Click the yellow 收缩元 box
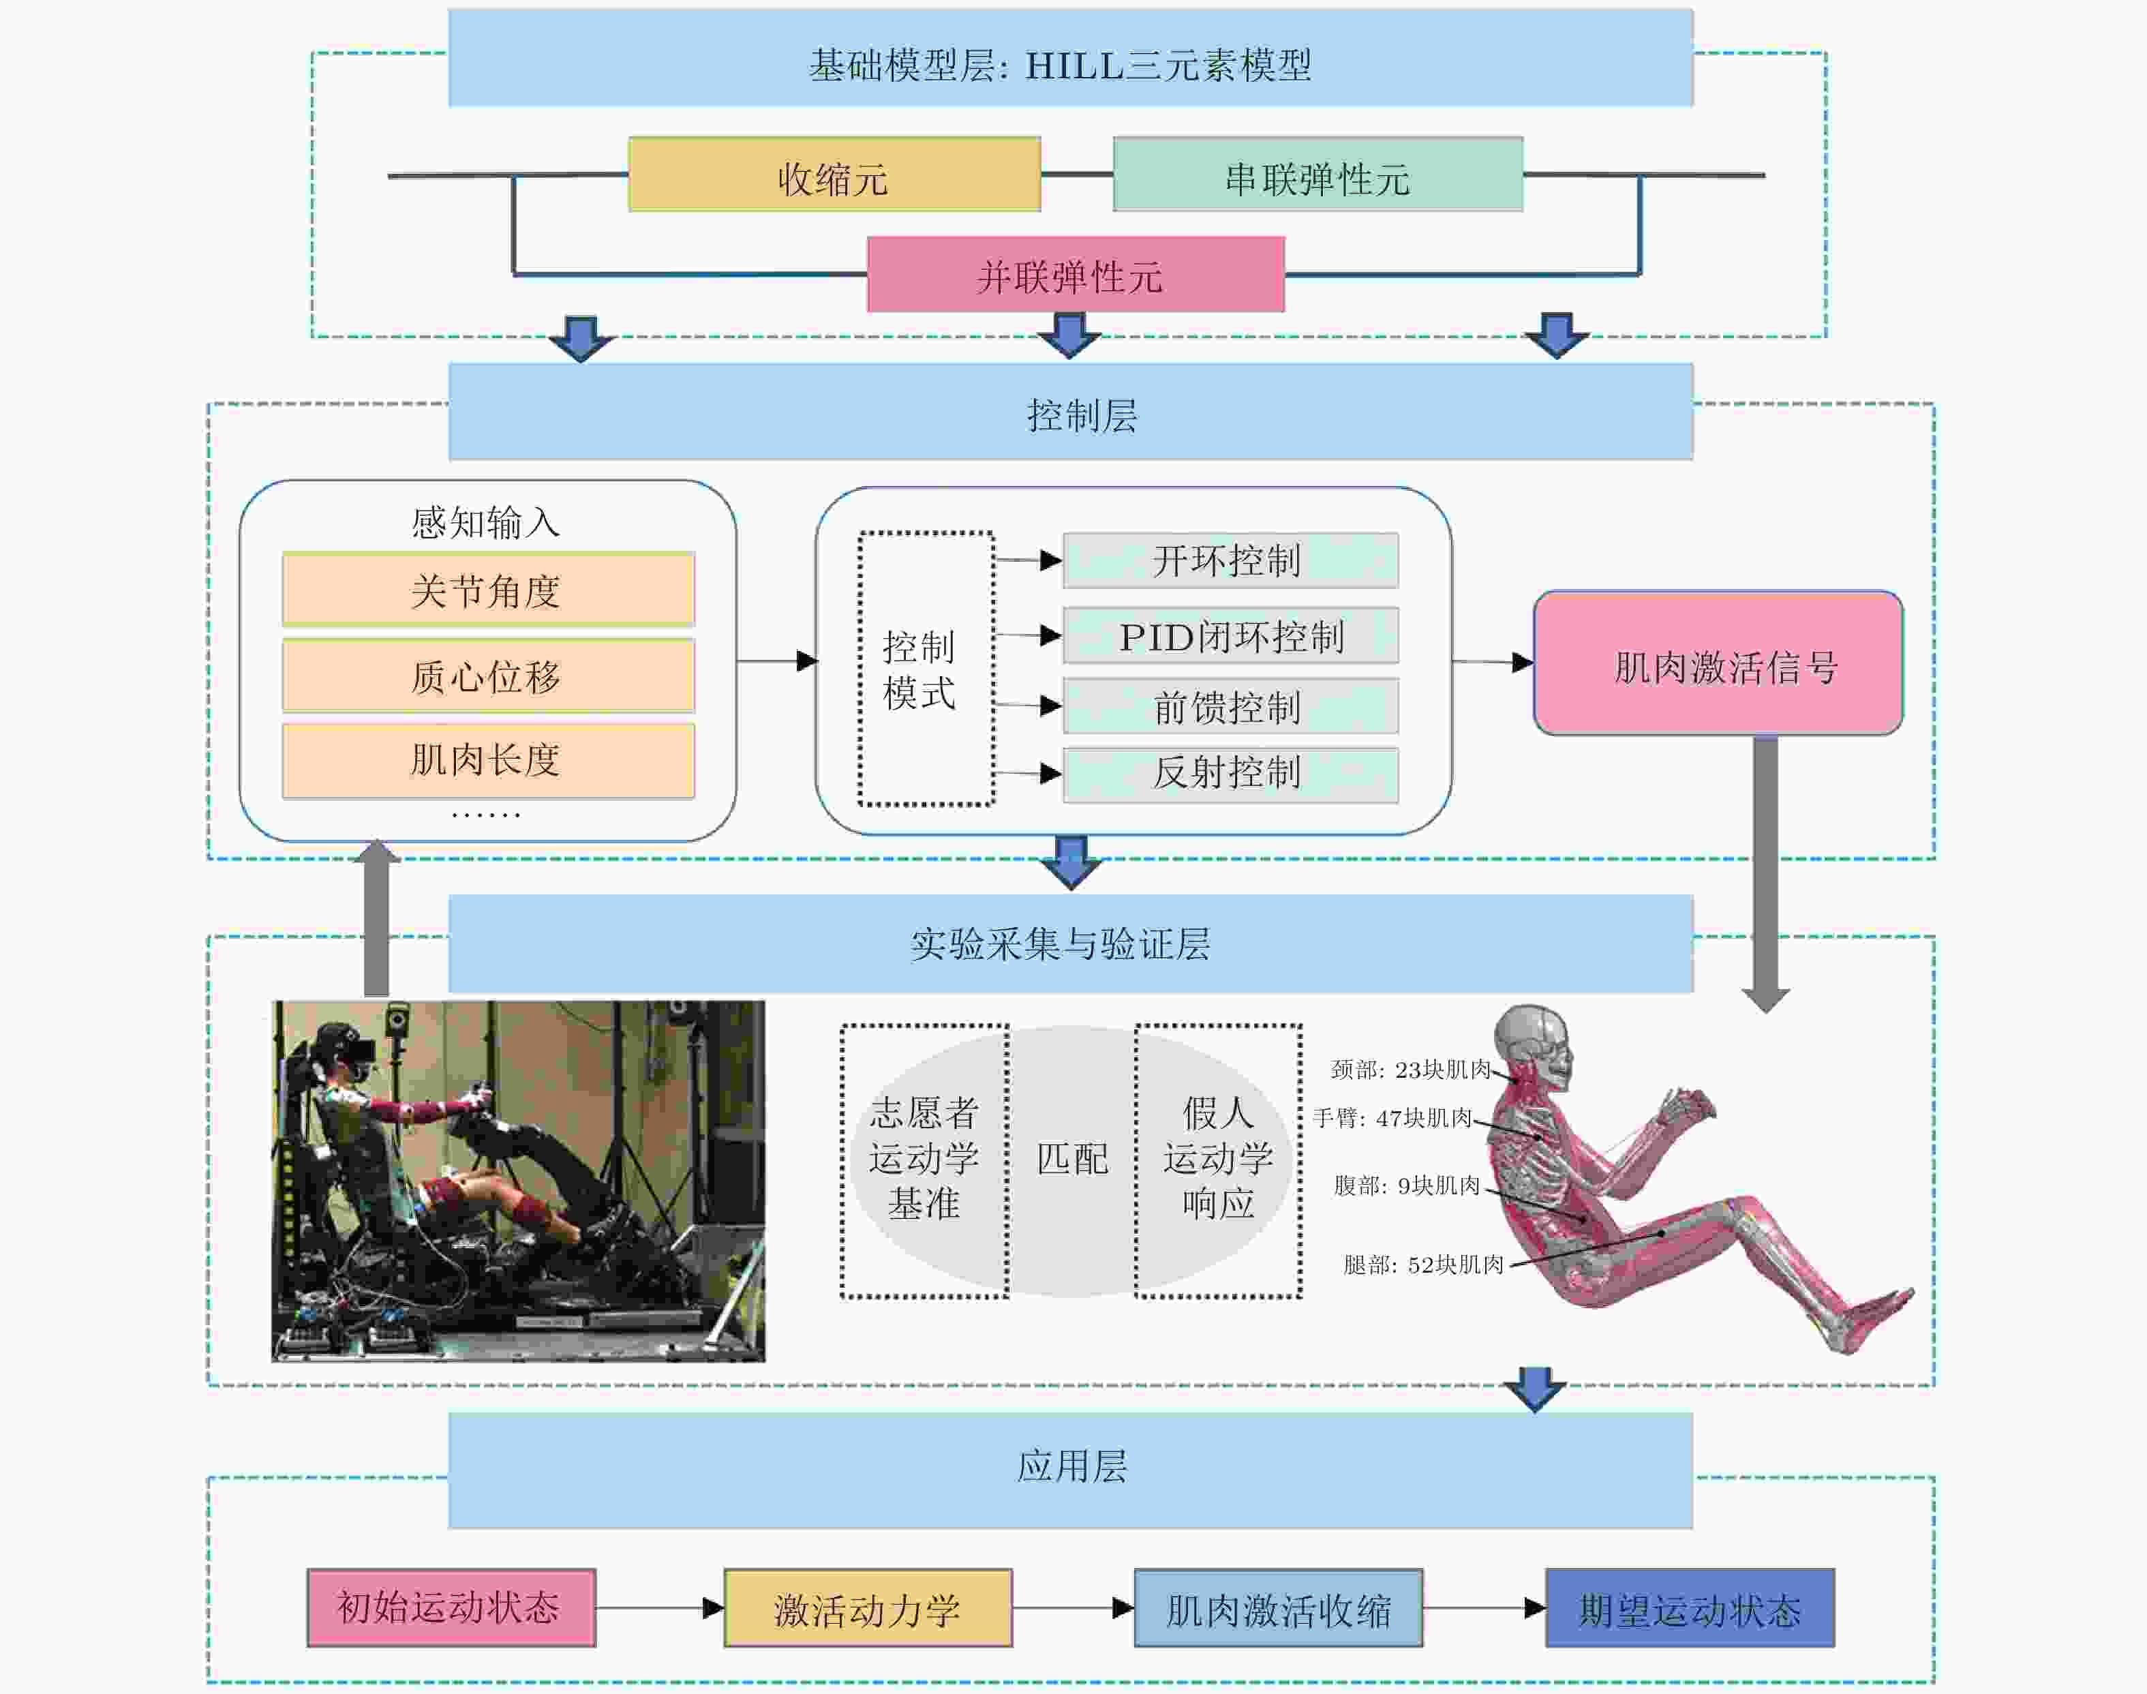[x=834, y=175]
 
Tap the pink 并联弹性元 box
[x=1075, y=275]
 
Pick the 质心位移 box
[x=488, y=676]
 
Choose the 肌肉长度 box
[x=488, y=759]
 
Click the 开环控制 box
[x=1230, y=560]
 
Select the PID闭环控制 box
[x=1230, y=636]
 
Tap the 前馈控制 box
[x=1230, y=706]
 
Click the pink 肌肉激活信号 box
[x=1718, y=663]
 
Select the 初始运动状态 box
[x=451, y=1607]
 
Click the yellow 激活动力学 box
[x=868, y=1607]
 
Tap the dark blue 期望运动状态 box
[x=1689, y=1607]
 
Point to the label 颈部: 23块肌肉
[x=1410, y=1069]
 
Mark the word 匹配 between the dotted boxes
[x=1072, y=1158]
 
